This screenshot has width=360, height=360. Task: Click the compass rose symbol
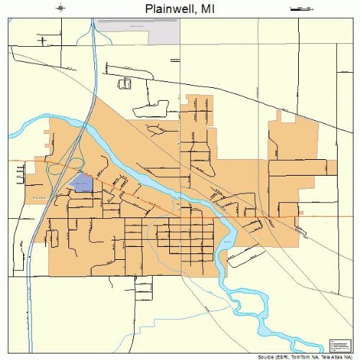click(60, 8)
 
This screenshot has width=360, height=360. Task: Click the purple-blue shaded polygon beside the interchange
click(81, 184)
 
